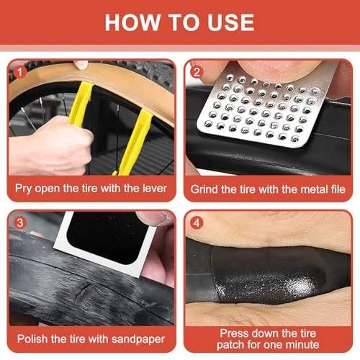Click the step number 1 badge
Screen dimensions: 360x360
coord(19,72)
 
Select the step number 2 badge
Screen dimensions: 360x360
coord(197,72)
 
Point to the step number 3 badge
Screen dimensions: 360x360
coord(20,222)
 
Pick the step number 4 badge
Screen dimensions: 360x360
coord(197,222)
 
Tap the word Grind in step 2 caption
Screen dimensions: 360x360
coord(204,189)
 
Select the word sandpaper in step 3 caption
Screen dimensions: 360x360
coord(138,340)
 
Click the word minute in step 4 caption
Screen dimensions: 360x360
coord(302,345)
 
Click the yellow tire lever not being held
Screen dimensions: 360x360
coord(135,142)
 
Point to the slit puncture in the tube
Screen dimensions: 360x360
coord(84,289)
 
